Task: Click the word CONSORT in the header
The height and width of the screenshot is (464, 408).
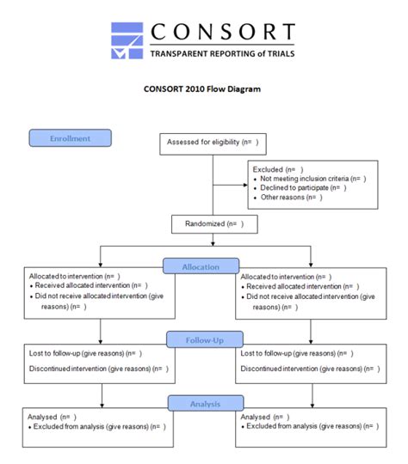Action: (x=221, y=33)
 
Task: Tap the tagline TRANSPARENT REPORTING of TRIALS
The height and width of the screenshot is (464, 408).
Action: (x=221, y=54)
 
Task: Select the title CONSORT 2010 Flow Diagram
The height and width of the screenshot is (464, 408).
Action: (x=202, y=88)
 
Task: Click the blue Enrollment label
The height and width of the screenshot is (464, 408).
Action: (x=71, y=138)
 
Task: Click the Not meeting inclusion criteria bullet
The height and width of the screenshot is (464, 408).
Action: (x=312, y=179)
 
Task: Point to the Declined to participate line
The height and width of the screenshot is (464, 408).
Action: (x=303, y=188)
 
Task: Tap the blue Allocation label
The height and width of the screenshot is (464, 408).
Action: (x=200, y=267)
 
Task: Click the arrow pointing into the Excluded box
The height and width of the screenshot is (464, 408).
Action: (x=244, y=182)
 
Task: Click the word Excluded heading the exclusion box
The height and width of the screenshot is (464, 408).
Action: (x=268, y=169)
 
